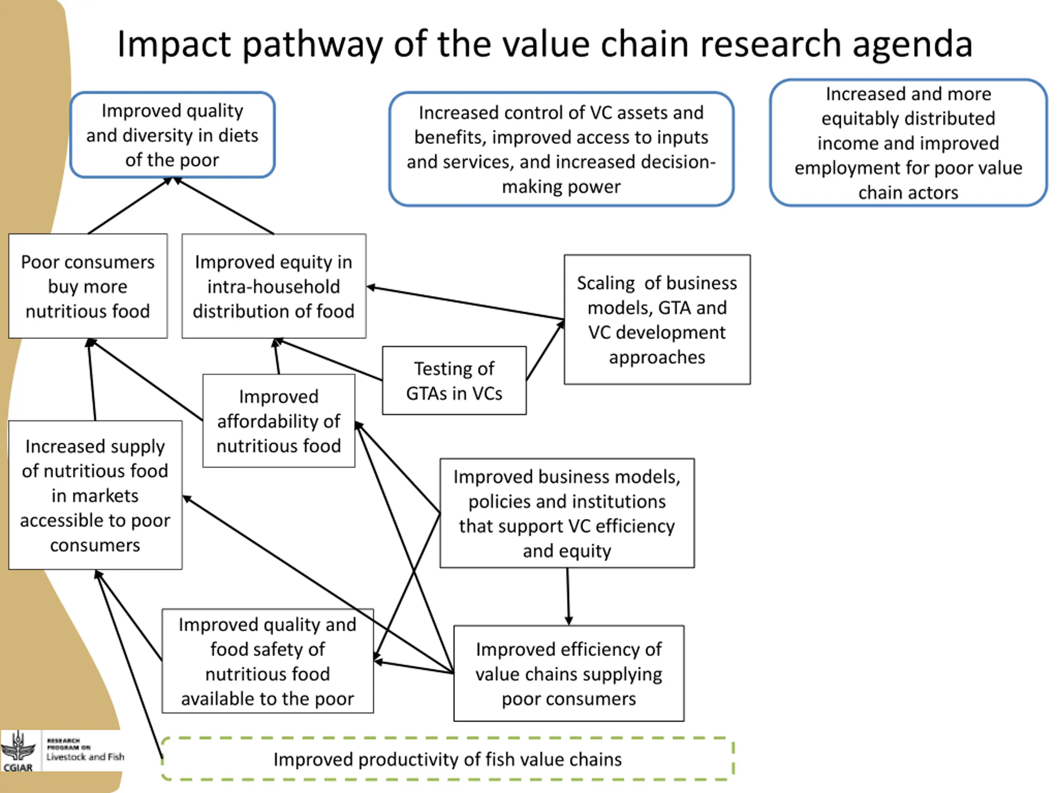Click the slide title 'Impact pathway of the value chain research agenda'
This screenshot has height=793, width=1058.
pyautogui.click(x=545, y=44)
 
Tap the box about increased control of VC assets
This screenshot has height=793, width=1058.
pyautogui.click(x=561, y=149)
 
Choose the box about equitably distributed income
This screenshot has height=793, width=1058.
pyautogui.click(x=908, y=143)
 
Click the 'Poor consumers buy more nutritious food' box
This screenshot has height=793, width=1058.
pyautogui.click(x=88, y=286)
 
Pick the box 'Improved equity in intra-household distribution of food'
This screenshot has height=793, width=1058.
pyautogui.click(x=274, y=286)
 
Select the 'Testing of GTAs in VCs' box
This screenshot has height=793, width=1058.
pyautogui.click(x=454, y=380)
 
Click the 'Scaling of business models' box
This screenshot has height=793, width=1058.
pyautogui.click(x=657, y=319)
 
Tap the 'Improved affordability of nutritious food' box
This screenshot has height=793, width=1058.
pyautogui.click(x=279, y=420)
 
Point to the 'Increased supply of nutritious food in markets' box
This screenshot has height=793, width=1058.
pyautogui.click(x=95, y=495)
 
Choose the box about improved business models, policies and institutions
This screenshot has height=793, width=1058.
pyautogui.click(x=567, y=513)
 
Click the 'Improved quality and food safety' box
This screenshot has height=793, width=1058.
pyautogui.click(x=268, y=661)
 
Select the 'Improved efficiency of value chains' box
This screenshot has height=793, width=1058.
pyautogui.click(x=569, y=674)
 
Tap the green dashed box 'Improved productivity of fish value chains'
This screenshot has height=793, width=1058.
pyautogui.click(x=448, y=759)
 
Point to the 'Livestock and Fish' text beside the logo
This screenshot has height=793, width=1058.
pyautogui.click(x=85, y=757)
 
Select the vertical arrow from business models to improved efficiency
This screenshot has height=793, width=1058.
pyautogui.click(x=568, y=596)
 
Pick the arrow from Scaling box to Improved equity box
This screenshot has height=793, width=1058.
pyautogui.click(x=465, y=303)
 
